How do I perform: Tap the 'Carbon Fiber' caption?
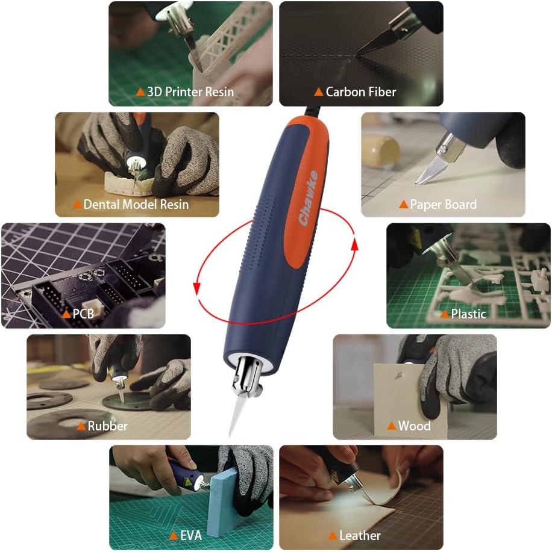[360, 92]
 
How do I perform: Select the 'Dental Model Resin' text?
[136, 205]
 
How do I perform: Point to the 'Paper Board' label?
[443, 205]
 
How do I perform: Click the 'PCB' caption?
[83, 314]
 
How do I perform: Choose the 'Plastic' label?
[468, 314]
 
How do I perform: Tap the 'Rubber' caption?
[107, 426]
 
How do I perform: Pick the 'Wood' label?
[414, 426]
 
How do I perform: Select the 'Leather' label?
[360, 535]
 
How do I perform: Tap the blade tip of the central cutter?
[231, 435]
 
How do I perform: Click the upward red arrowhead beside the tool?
[355, 243]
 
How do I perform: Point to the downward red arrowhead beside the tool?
[196, 289]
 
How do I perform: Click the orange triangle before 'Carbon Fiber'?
[318, 92]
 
